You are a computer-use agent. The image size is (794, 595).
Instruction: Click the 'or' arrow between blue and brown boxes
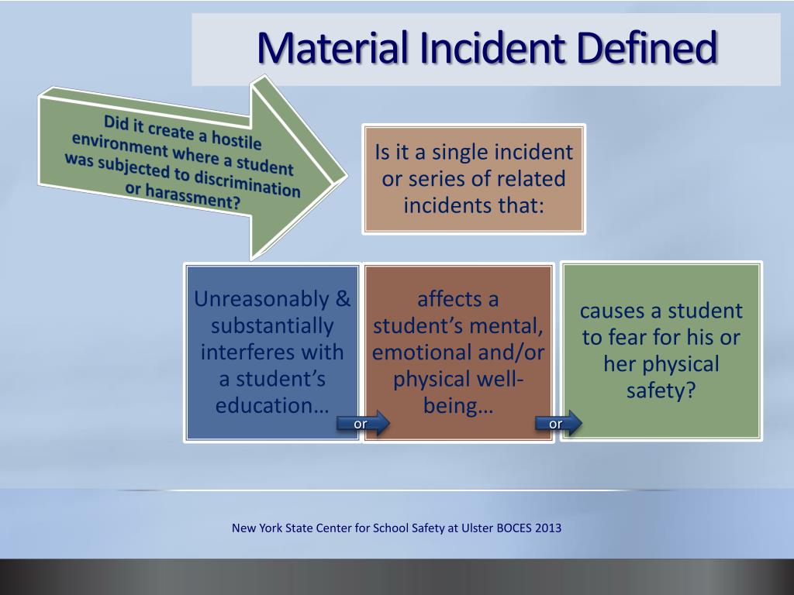pyautogui.click(x=362, y=423)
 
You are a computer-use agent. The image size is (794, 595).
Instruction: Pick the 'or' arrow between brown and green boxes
pyautogui.click(x=558, y=423)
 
